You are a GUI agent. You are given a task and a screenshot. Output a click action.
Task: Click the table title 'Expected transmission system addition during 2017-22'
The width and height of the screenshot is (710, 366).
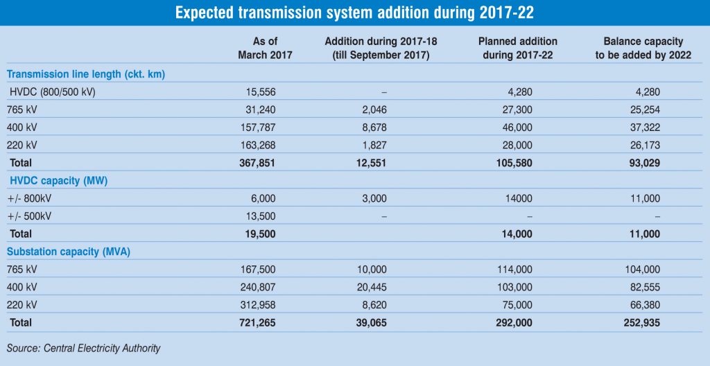[354, 12]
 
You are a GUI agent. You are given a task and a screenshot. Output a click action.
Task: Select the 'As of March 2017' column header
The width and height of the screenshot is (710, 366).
[265, 49]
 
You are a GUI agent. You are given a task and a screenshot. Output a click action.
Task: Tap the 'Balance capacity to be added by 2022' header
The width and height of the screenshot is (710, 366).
[643, 49]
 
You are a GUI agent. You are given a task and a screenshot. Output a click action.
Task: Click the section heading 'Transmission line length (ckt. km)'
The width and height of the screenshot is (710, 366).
[85, 73]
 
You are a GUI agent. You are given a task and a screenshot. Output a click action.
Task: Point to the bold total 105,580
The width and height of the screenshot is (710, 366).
[514, 162]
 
